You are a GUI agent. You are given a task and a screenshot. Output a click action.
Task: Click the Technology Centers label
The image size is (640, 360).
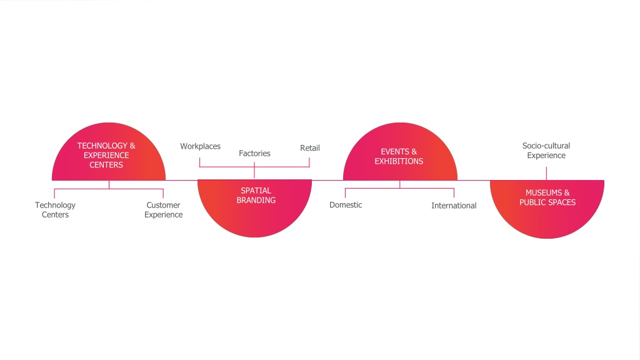[x=55, y=210]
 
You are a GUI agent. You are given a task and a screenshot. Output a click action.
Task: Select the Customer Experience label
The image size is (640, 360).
[x=163, y=210]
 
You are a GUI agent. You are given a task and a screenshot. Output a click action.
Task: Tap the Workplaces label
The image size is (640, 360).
[x=201, y=146]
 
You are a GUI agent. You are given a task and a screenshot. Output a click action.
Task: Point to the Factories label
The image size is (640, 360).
[x=255, y=154]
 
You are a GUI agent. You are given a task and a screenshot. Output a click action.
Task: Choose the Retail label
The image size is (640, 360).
[x=310, y=147]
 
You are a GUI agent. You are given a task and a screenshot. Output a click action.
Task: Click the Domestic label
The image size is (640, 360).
[x=346, y=205]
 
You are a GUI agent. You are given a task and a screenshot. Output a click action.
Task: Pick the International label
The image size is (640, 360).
[x=454, y=206]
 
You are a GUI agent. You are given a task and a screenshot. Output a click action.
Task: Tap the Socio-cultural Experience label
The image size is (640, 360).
[x=546, y=151]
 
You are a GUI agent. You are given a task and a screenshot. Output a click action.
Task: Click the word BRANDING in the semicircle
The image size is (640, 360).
[x=256, y=201]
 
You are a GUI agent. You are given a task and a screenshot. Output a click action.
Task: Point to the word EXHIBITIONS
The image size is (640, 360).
[x=399, y=161]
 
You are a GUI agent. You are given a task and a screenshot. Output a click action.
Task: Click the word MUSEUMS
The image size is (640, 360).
[x=544, y=192]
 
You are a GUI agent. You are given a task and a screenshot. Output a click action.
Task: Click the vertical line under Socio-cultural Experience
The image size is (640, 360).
[x=546, y=173]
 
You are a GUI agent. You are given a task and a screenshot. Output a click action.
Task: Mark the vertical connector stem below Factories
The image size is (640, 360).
[x=254, y=170]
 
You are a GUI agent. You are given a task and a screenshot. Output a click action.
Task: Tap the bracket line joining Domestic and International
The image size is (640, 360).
[x=399, y=189]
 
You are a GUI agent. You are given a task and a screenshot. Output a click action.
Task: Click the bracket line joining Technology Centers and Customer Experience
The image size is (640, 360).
[x=109, y=189]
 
